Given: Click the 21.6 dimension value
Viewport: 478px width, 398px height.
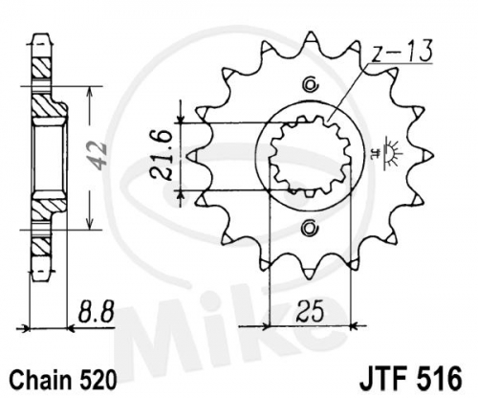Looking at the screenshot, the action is (x=161, y=156).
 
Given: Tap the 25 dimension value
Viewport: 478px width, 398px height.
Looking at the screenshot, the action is (x=310, y=310).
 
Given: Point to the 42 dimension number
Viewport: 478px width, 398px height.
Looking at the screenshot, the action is (x=98, y=158).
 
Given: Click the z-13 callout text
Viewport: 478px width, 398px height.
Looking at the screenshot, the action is (x=402, y=51).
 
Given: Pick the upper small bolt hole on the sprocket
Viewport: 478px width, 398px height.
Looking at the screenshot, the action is (x=310, y=84).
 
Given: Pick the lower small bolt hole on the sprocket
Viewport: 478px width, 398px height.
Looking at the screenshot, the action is (x=310, y=229).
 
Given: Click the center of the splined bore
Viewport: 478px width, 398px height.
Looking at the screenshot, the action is (x=310, y=156).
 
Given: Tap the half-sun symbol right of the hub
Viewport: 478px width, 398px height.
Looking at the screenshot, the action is (x=391, y=153).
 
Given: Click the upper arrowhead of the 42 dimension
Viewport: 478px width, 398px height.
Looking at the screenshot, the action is (x=90, y=92).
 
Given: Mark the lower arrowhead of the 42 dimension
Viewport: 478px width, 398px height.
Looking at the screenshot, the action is (x=90, y=224).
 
